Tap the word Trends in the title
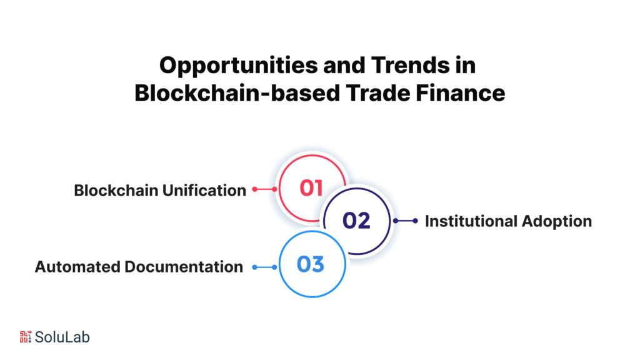pos(410,65)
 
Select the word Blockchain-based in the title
pos(237,93)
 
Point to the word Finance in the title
pos(461,93)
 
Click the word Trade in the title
pos(378,93)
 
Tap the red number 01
pos(311,188)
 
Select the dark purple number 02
pos(356,221)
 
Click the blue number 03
pos(311,264)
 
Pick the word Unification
pos(204,190)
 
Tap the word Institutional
pos(471,221)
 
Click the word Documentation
pos(184,267)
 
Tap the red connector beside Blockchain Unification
pos(264,189)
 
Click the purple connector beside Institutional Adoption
pos(405,221)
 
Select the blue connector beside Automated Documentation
pos(264,267)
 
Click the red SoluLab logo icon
pos(25,337)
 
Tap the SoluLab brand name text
pos(62,337)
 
